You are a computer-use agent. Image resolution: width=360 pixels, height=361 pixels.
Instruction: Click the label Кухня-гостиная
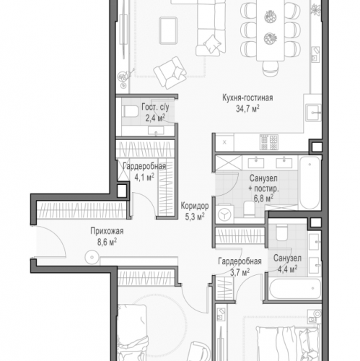click(x=247, y=98)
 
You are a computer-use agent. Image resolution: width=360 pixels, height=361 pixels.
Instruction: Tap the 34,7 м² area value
click(x=247, y=109)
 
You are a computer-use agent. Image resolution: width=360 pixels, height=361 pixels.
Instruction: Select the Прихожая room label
click(x=107, y=231)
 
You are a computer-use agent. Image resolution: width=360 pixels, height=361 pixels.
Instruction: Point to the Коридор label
click(x=195, y=206)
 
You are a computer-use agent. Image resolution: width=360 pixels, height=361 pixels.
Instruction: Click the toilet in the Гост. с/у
click(x=131, y=112)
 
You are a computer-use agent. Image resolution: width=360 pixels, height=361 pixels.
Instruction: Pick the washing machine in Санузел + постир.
click(x=224, y=214)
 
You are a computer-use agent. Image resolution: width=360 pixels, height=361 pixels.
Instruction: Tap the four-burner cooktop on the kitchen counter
click(x=269, y=142)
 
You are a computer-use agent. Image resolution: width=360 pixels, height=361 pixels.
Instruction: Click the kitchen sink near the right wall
click(x=313, y=113)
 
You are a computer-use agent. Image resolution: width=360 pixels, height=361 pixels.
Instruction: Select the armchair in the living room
click(x=170, y=72)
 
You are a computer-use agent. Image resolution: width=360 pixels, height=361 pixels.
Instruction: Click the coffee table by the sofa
click(x=168, y=30)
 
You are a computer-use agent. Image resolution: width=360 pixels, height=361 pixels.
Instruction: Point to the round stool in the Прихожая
click(x=92, y=257)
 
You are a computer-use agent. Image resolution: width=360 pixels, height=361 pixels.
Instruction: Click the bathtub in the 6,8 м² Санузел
click(x=309, y=183)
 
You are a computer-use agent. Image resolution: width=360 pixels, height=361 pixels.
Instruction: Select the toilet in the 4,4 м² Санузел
click(x=281, y=232)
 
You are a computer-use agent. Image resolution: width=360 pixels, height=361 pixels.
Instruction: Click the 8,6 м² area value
click(x=107, y=242)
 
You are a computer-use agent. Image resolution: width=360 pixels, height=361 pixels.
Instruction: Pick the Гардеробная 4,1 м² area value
click(x=144, y=178)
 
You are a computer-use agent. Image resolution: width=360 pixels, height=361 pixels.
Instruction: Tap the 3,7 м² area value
click(x=240, y=272)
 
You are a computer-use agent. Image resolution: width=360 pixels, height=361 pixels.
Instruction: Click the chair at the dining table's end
click(x=271, y=69)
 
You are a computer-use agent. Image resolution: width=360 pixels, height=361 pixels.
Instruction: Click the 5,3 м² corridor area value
click(x=195, y=217)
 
